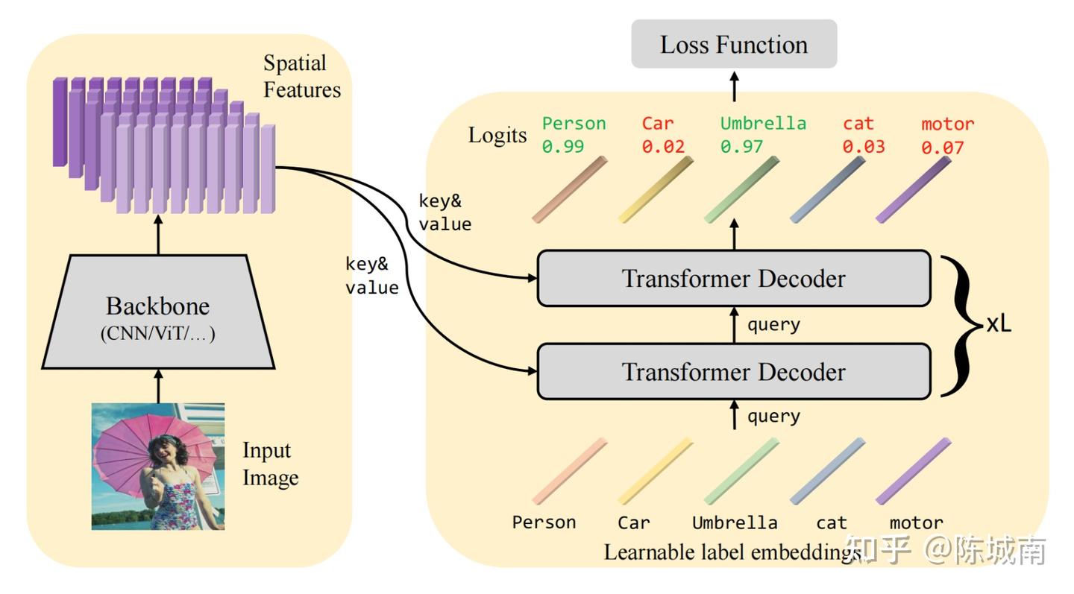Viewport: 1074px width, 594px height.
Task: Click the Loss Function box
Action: coord(734,44)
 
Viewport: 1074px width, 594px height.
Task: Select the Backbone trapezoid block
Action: coord(158,313)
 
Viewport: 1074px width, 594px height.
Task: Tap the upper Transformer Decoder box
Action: coord(734,278)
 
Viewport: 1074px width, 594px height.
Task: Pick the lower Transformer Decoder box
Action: coord(734,371)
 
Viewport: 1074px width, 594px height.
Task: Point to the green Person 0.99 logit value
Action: coord(563,147)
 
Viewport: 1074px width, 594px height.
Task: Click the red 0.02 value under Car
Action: coord(663,147)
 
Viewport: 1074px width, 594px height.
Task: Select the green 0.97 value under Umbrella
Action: coord(741,147)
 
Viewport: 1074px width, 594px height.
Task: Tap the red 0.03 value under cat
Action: coord(864,147)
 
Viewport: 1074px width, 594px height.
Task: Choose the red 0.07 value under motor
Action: coord(942,148)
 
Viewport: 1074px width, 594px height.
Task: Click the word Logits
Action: coord(497,135)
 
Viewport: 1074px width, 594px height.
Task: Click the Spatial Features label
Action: coord(302,77)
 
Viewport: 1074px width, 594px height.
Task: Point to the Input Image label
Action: coord(270,464)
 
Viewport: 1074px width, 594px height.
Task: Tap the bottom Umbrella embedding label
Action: coord(735,522)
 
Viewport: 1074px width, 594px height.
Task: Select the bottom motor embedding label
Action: coord(916,522)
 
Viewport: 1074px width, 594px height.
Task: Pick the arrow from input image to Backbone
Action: coord(158,385)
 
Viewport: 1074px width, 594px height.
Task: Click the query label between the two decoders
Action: coord(773,324)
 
